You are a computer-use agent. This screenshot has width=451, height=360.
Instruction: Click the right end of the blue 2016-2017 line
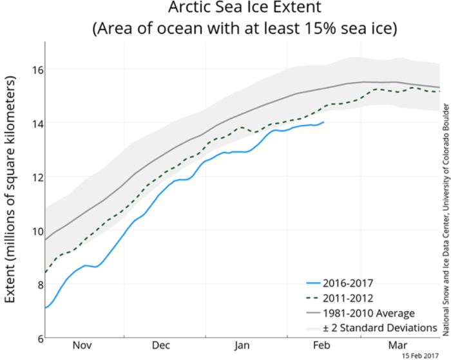324,122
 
